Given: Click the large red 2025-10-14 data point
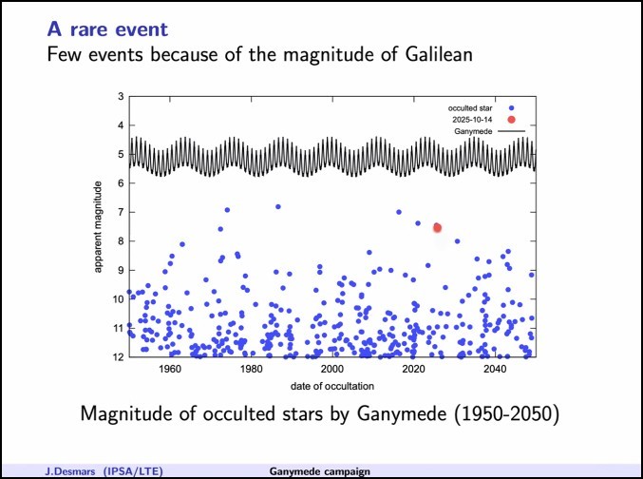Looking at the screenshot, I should [x=437, y=227].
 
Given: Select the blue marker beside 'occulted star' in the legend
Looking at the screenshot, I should [x=511, y=107].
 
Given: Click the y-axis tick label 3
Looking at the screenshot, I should [x=121, y=97].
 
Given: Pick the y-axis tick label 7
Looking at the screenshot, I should [x=121, y=212].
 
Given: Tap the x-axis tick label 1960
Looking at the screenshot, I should [x=170, y=370].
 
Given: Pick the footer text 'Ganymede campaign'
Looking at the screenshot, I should [x=319, y=470].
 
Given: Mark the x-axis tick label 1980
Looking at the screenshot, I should [x=251, y=370].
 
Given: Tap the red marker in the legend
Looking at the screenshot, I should [x=511, y=119].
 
